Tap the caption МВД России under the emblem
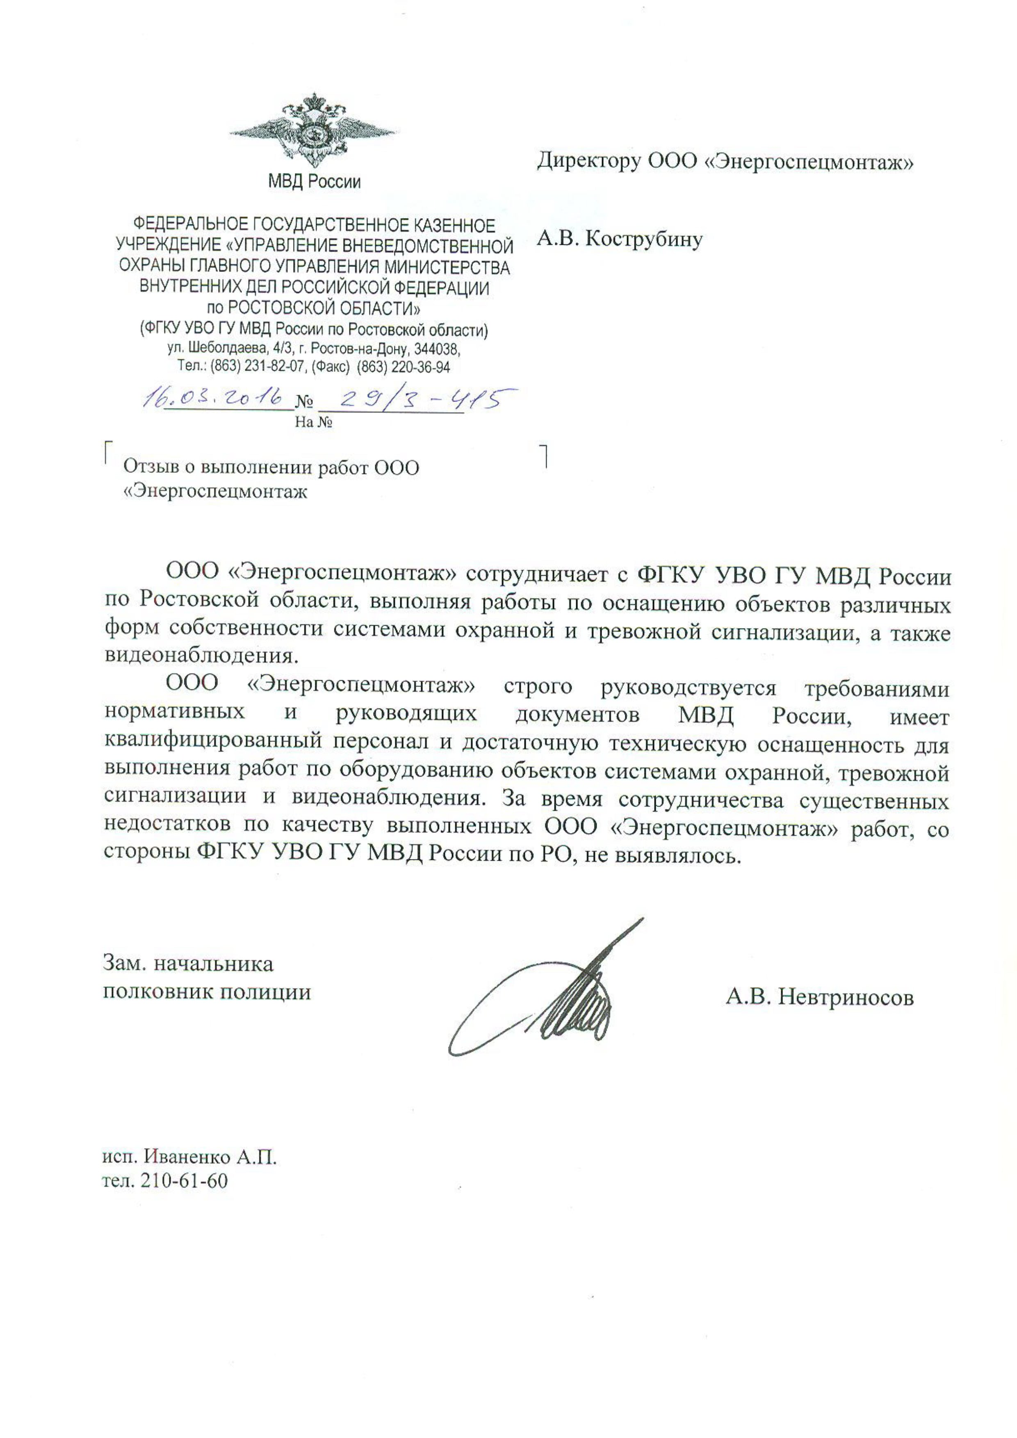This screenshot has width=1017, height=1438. click(315, 182)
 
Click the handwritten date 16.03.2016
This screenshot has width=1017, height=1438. click(212, 398)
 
